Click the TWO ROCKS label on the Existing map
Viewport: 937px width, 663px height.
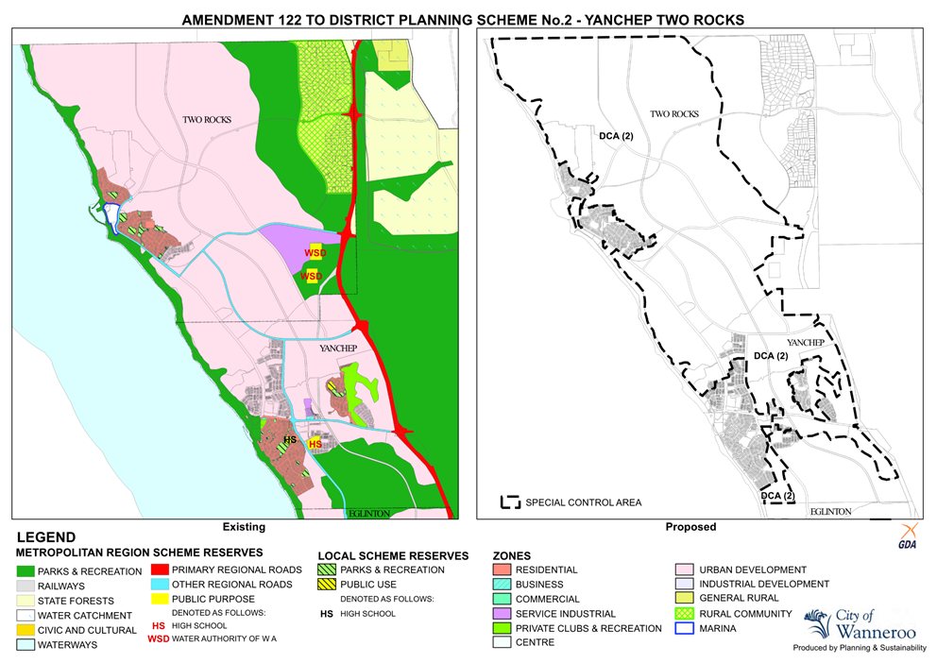click(x=207, y=120)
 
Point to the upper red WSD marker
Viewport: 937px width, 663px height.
click(x=314, y=253)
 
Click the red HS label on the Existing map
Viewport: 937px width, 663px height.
click(x=315, y=443)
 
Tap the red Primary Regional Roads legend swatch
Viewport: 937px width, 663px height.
click(x=158, y=569)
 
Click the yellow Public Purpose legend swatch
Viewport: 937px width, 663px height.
click(x=158, y=599)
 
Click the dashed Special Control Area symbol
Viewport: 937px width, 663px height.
click(x=510, y=502)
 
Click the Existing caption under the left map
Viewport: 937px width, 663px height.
click(x=243, y=527)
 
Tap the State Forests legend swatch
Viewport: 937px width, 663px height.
click(x=26, y=600)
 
